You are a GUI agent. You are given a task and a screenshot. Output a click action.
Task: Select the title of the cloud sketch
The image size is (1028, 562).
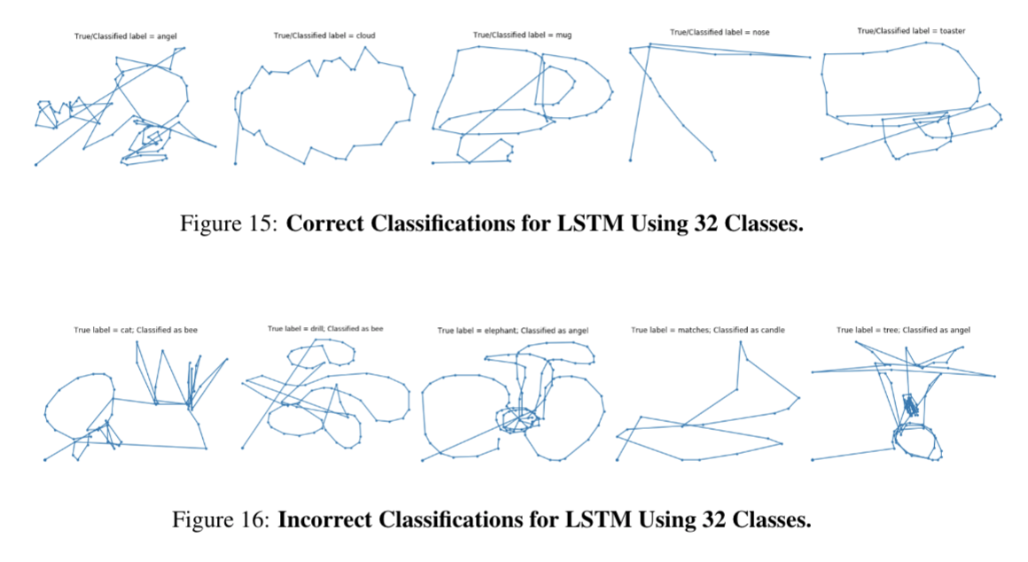pyautogui.click(x=324, y=35)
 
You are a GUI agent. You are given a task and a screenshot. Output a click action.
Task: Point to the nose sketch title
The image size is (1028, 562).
pyautogui.click(x=720, y=32)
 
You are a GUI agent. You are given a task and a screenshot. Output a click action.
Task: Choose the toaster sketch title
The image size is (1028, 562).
pyautogui.click(x=911, y=31)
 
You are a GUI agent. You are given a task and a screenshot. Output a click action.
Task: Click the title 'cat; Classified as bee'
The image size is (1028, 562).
pyautogui.click(x=136, y=330)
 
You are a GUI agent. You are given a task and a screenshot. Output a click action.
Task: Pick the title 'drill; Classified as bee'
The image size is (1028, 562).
pyautogui.click(x=325, y=329)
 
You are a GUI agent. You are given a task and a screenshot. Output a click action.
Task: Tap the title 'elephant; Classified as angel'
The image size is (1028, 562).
pyautogui.click(x=513, y=331)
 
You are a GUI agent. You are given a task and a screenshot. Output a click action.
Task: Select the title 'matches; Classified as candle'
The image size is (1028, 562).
pyautogui.click(x=708, y=330)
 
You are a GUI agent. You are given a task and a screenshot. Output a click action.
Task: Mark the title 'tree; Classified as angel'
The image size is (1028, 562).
pyautogui.click(x=903, y=330)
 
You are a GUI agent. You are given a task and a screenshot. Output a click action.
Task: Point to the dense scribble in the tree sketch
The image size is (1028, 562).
pyautogui.click(x=912, y=407)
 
